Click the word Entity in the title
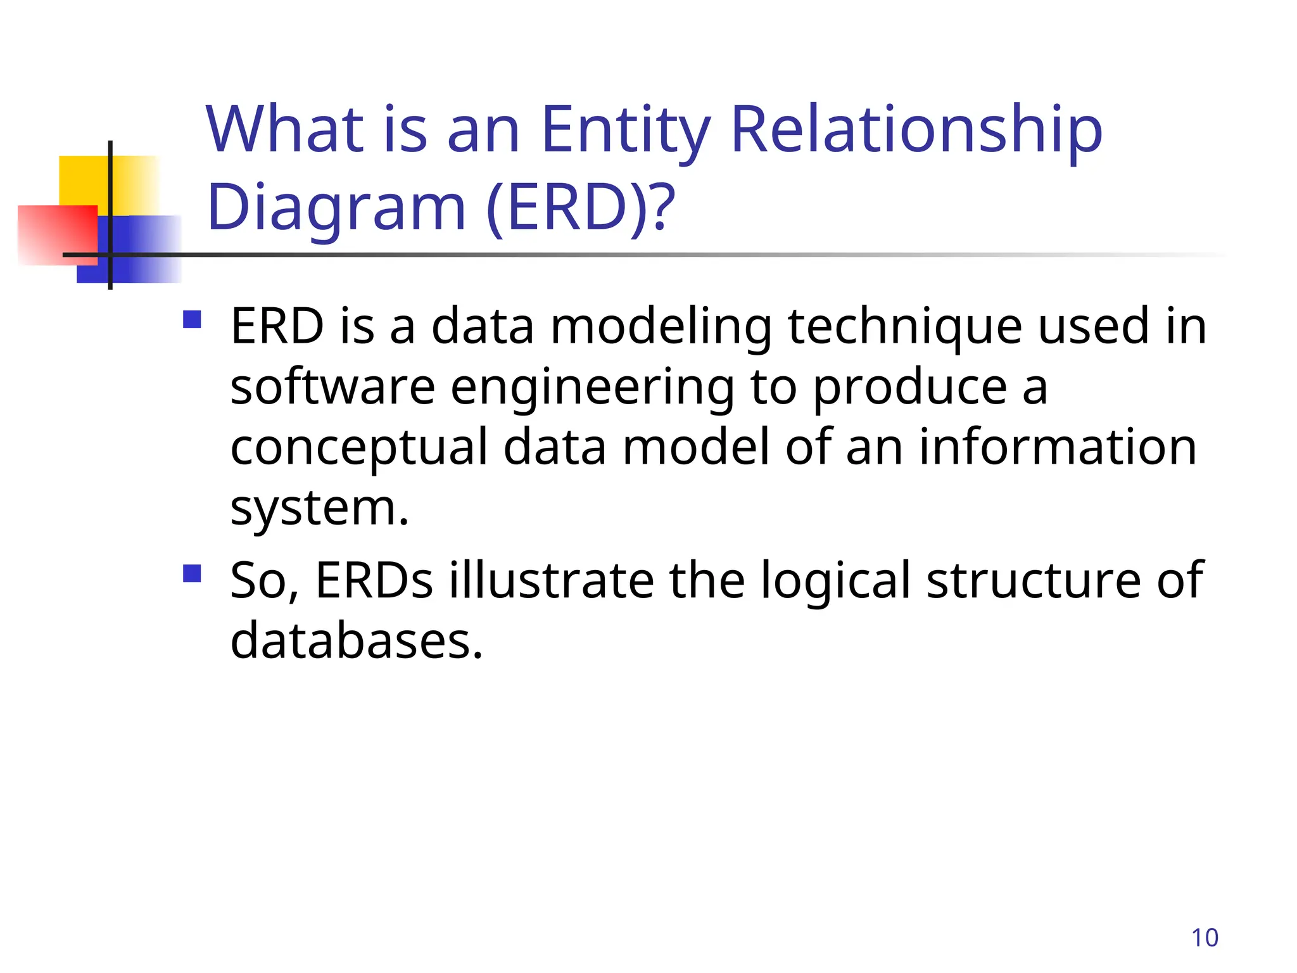626,132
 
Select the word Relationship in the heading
916,132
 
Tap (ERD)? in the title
581,208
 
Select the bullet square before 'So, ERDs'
192,573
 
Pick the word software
332,387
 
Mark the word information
1058,447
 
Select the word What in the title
285,130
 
